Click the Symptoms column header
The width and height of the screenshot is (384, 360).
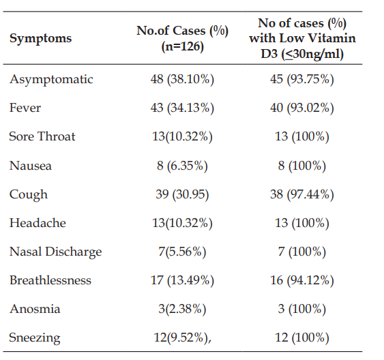click(40, 38)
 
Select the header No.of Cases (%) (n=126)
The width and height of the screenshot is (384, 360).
click(182, 38)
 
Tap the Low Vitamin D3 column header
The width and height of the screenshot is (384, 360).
click(302, 38)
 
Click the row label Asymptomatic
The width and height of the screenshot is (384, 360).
click(51, 79)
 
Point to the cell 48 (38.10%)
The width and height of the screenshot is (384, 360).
click(182, 79)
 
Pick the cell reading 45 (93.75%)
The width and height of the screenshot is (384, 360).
click(302, 79)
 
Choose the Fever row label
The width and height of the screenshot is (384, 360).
click(25, 108)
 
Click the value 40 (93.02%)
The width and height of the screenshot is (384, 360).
click(302, 108)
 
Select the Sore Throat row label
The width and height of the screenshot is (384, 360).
click(42, 136)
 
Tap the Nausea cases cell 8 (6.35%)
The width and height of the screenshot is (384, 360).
click(182, 166)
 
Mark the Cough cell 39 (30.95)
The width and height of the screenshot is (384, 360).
click(182, 194)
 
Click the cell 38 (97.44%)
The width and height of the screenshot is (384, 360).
click(302, 194)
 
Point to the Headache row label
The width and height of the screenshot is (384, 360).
click(38, 223)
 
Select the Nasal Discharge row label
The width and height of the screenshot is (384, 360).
click(55, 252)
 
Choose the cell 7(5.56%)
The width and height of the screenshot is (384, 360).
click(182, 252)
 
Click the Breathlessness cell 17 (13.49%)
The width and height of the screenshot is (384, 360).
click(182, 280)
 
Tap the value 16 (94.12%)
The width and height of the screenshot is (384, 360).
click(302, 280)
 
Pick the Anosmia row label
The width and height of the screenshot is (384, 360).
click(35, 309)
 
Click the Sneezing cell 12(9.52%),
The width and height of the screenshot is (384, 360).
click(182, 337)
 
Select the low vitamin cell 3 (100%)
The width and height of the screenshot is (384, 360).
click(302, 309)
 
